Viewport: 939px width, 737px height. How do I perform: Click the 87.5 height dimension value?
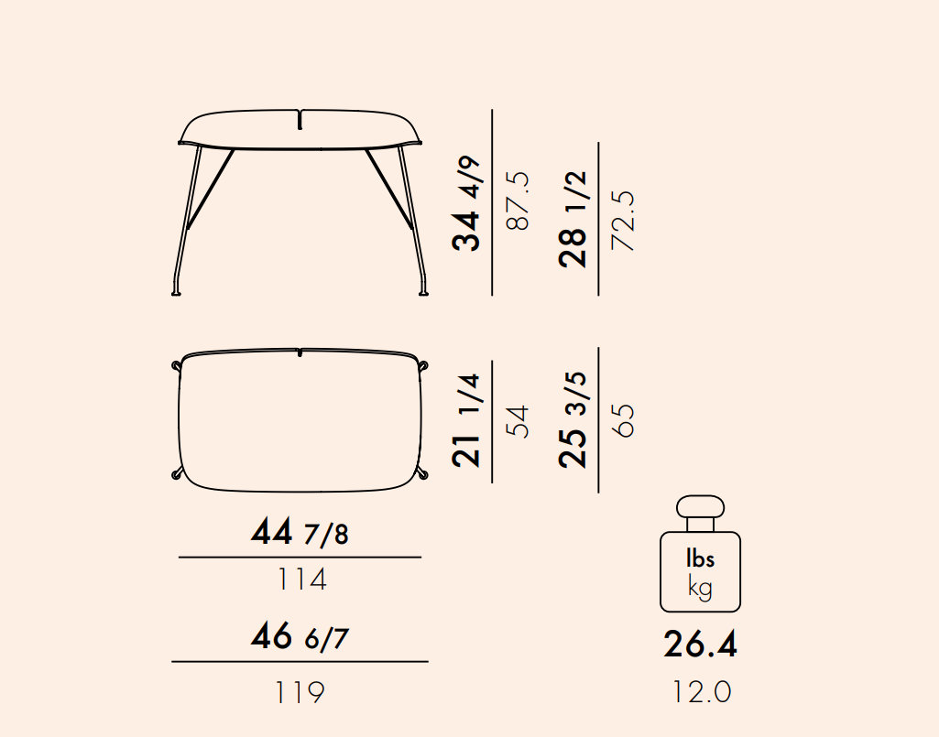[x=519, y=201]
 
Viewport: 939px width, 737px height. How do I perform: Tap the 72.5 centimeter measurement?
[x=623, y=221]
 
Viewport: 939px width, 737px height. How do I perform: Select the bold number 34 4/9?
[x=466, y=203]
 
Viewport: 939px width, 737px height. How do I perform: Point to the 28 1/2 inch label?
[x=573, y=219]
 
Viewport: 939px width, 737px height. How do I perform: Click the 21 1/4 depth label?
[x=466, y=420]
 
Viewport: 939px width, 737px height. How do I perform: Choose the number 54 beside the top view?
[x=519, y=421]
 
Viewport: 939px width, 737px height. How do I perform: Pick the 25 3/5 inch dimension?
[x=573, y=419]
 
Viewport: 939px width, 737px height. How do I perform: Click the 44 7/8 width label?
[x=300, y=531]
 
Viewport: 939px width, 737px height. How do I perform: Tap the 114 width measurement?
[x=301, y=580]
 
